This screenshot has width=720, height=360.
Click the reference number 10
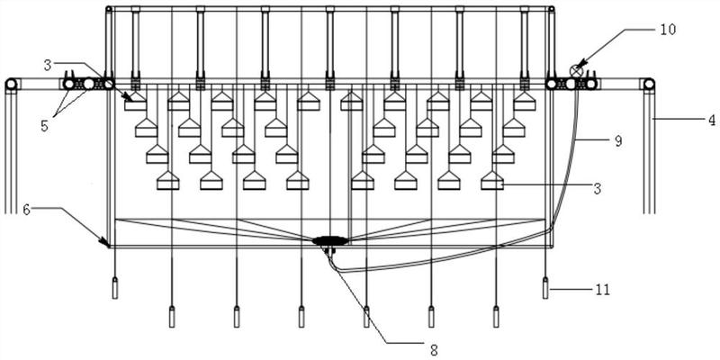(668, 30)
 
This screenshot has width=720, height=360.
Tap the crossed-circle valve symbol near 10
(576, 71)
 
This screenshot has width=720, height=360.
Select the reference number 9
(618, 141)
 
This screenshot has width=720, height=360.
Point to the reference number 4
(711, 121)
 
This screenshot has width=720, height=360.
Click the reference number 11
(602, 290)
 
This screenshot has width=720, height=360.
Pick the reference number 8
(434, 350)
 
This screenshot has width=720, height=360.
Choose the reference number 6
(27, 209)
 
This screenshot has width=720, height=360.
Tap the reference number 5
(44, 126)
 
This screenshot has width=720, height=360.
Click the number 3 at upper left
(48, 66)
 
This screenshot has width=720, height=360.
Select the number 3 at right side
(597, 188)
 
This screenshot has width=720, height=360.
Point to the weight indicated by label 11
(545, 288)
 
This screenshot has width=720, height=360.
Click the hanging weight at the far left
(115, 288)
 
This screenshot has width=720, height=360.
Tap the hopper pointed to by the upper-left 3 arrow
(136, 102)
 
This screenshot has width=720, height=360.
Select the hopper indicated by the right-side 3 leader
(492, 181)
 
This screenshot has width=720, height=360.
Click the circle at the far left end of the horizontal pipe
(11, 85)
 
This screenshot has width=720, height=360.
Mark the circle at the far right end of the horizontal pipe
(649, 84)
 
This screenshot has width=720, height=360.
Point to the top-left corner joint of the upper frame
(108, 9)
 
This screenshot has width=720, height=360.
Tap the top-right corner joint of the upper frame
(552, 9)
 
